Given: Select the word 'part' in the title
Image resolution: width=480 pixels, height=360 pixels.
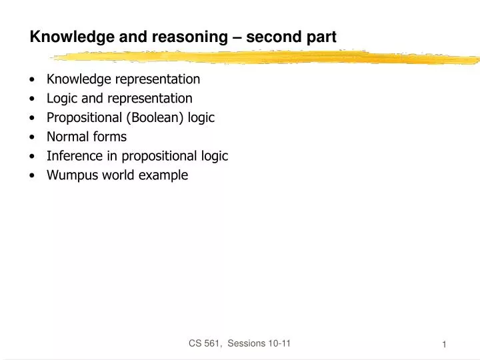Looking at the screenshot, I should pos(321,37).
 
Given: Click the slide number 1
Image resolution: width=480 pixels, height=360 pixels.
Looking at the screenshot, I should pos(444,344).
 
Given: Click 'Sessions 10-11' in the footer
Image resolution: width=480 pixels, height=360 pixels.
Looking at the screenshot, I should pos(257,343).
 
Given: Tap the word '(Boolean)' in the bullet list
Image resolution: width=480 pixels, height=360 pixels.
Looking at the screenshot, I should pos(154,118).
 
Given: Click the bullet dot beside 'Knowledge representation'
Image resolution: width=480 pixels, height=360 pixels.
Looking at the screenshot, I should pos(33,80).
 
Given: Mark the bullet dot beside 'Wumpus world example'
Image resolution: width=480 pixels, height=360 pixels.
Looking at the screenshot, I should pos(33,176).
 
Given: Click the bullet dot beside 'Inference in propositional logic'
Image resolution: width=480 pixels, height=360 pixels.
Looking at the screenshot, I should pos(33,157).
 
